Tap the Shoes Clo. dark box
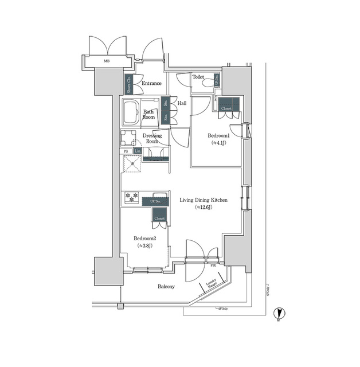click(x=129, y=84)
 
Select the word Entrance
click(x=151, y=83)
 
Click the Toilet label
click(x=198, y=76)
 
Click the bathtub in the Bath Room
click(x=131, y=112)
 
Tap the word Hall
click(x=182, y=103)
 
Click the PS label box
click(x=126, y=151)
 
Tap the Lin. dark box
click(x=137, y=151)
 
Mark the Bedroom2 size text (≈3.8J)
click(x=144, y=245)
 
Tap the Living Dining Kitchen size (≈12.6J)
click(x=204, y=207)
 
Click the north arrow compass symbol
click(x=280, y=313)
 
